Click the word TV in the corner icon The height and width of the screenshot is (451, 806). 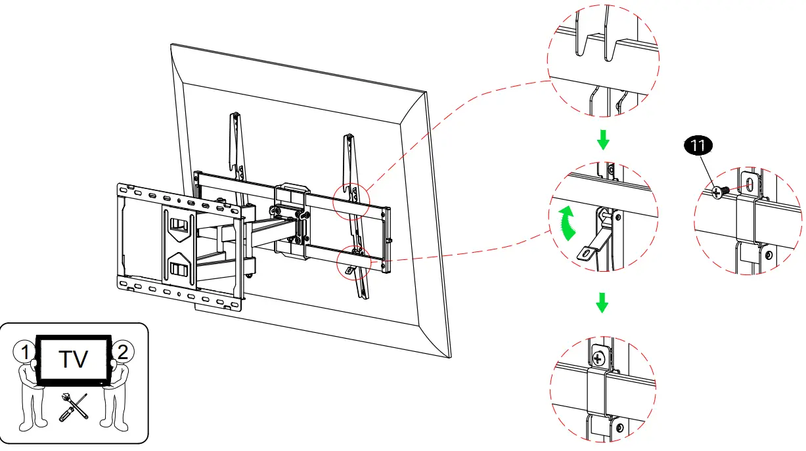(73, 360)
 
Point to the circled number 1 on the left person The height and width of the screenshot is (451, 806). (24, 352)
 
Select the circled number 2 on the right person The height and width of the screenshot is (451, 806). (122, 352)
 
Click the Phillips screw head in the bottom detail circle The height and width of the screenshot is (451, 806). (598, 358)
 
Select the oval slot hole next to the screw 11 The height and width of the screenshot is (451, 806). (751, 184)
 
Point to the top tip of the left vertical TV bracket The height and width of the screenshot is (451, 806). (234, 116)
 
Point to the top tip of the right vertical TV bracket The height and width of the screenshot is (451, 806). (351, 137)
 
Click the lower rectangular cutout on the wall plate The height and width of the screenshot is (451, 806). (179, 268)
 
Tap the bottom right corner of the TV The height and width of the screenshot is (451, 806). (449, 357)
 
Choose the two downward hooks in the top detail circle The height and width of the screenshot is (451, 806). (595, 46)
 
